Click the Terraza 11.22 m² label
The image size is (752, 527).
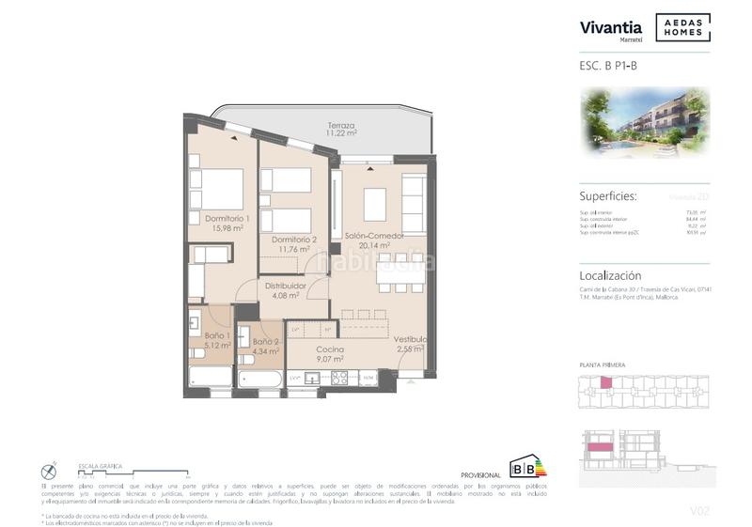[x=340, y=130]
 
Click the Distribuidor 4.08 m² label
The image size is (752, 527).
[x=285, y=290]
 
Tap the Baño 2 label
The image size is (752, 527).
[x=265, y=347]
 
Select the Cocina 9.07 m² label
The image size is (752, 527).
[x=329, y=354]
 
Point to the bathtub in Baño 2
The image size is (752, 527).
[x=258, y=380]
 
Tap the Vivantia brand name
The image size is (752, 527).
[x=611, y=27]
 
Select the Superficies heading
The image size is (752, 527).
[x=608, y=196]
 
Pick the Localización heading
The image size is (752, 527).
[x=610, y=275]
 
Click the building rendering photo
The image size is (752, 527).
[x=644, y=123]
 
